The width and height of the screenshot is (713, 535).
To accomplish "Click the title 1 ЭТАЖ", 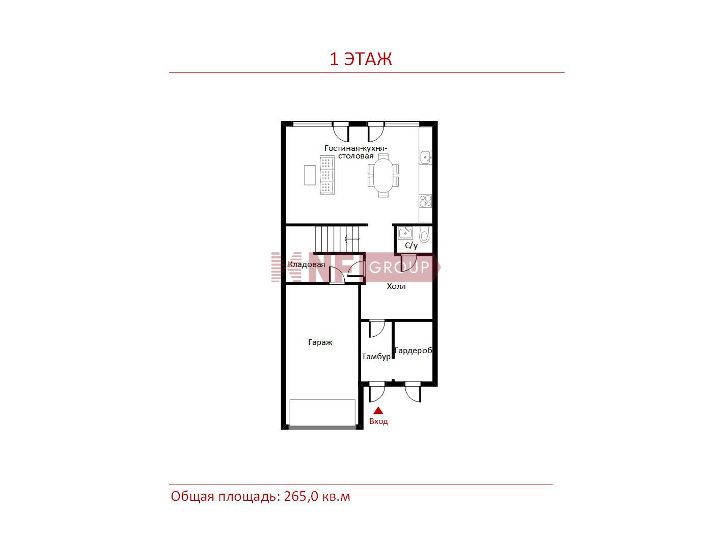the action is (361, 59).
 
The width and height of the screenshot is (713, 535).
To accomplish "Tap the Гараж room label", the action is (320, 342).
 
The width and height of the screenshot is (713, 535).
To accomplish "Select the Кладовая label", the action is (306, 264).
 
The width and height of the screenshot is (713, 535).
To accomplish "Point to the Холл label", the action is (396, 286).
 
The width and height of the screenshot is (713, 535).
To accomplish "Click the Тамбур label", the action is (376, 357).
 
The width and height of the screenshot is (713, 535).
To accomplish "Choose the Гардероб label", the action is (413, 351).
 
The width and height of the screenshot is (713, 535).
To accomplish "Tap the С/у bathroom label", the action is (411, 246).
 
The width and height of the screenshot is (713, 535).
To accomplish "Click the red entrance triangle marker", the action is (378, 411).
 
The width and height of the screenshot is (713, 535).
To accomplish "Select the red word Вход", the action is (378, 421).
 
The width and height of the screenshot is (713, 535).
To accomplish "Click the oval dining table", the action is (383, 175).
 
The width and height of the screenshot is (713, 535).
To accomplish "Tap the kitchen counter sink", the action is (426, 157).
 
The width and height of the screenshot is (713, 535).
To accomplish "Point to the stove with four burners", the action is (426, 201).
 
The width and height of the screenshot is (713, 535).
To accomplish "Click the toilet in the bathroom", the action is (424, 234).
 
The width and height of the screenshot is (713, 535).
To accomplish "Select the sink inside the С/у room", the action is (405, 233).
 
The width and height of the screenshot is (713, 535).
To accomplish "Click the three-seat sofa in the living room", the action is (327, 175).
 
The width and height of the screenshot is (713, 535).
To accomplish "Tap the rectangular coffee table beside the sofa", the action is (310, 175).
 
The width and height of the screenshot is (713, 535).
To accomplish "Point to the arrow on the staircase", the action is (352, 239).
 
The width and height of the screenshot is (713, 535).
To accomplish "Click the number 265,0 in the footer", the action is (301, 496).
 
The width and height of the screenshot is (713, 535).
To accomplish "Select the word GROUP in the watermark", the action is (399, 267).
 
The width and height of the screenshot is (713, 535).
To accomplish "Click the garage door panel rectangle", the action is (322, 413).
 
